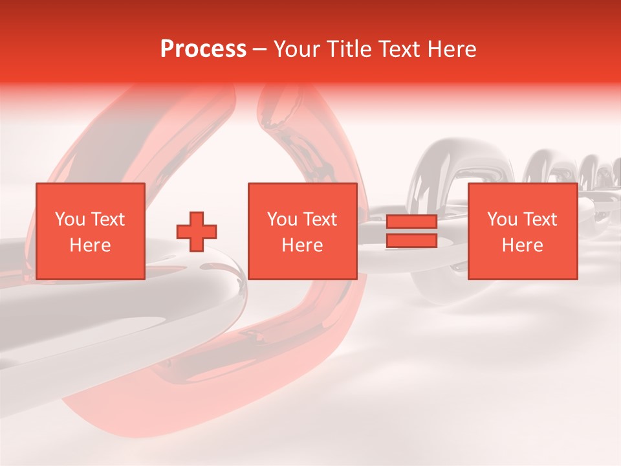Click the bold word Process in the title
(x=203, y=49)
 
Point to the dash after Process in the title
(x=260, y=49)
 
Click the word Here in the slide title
(x=451, y=49)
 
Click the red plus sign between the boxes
(x=197, y=232)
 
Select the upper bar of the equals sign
(x=411, y=222)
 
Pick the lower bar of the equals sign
(x=411, y=241)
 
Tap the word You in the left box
(x=69, y=219)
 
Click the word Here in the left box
(x=91, y=245)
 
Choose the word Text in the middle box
(x=320, y=219)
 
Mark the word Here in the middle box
(x=302, y=245)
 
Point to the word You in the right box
(x=501, y=219)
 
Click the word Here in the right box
(x=522, y=245)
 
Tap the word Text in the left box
(x=107, y=219)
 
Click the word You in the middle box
(x=281, y=219)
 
